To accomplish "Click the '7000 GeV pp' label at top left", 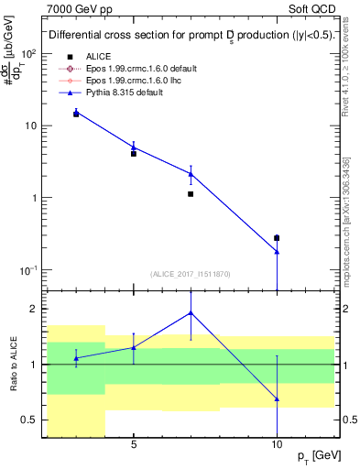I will pyautogui.click(x=79, y=9).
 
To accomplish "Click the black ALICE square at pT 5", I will pyautogui.click(x=134, y=154).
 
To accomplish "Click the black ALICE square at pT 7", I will pyautogui.click(x=191, y=194).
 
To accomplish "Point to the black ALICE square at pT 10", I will pyautogui.click(x=277, y=238).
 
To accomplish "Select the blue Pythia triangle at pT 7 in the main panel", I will pyautogui.click(x=191, y=173).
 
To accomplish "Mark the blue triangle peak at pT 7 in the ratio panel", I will pyautogui.click(x=191, y=312).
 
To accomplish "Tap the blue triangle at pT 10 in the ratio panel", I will pyautogui.click(x=277, y=399).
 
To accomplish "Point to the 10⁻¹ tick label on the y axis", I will pyautogui.click(x=29, y=270).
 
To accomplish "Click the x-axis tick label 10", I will pyautogui.click(x=277, y=446).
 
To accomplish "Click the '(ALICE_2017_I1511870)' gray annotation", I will pyautogui.click(x=191, y=274).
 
